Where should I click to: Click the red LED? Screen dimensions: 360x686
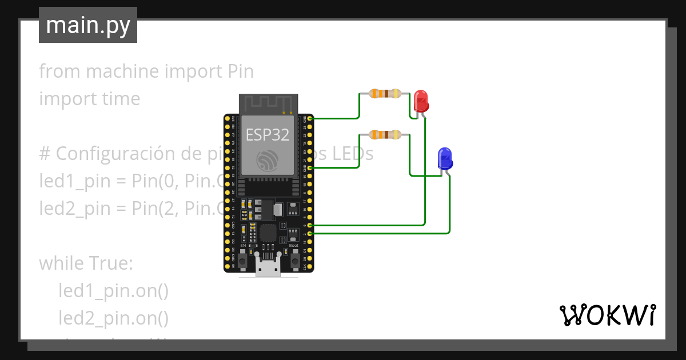pyautogui.click(x=421, y=101)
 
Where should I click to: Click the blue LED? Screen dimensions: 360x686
pyautogui.click(x=445, y=158)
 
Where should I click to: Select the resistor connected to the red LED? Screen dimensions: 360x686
pyautogui.click(x=384, y=93)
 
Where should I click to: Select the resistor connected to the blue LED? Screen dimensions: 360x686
pyautogui.click(x=384, y=135)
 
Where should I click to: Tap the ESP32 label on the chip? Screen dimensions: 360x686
pyautogui.click(x=268, y=135)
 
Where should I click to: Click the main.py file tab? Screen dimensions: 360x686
pyautogui.click(x=88, y=26)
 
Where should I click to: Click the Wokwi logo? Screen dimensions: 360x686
pyautogui.click(x=607, y=315)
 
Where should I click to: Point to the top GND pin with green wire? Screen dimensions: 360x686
pyautogui.click(x=310, y=118)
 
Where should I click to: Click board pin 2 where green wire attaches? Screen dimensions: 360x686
pyautogui.click(x=310, y=234)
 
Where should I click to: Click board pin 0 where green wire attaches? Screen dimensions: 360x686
pyautogui.click(x=310, y=226)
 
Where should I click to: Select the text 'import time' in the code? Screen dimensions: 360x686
pyautogui.click(x=89, y=99)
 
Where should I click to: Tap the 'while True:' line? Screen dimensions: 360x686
pyautogui.click(x=86, y=263)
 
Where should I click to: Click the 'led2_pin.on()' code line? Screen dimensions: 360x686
pyautogui.click(x=113, y=318)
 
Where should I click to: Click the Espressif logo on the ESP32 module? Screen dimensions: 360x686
pyautogui.click(x=268, y=160)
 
